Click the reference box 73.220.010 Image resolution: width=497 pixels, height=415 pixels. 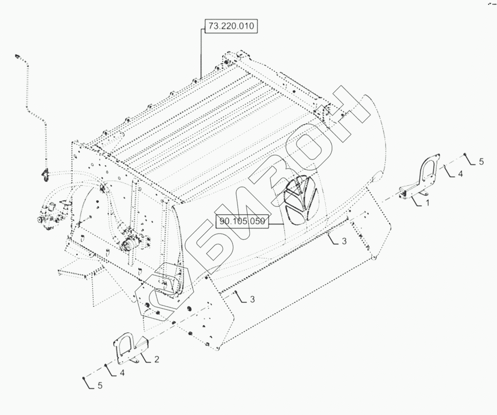[x=231, y=26]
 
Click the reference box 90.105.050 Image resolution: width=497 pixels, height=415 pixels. [x=242, y=222]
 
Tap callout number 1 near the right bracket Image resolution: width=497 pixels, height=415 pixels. [x=428, y=203]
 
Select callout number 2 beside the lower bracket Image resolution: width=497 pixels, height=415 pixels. [x=156, y=360]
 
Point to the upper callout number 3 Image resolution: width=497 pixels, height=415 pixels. [x=344, y=241]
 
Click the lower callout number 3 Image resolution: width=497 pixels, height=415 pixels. [x=252, y=299]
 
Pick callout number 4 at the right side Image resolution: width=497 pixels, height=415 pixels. [x=461, y=174]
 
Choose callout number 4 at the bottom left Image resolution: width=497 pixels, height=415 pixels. [x=122, y=373]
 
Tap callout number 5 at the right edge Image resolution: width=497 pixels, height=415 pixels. [x=481, y=162]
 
